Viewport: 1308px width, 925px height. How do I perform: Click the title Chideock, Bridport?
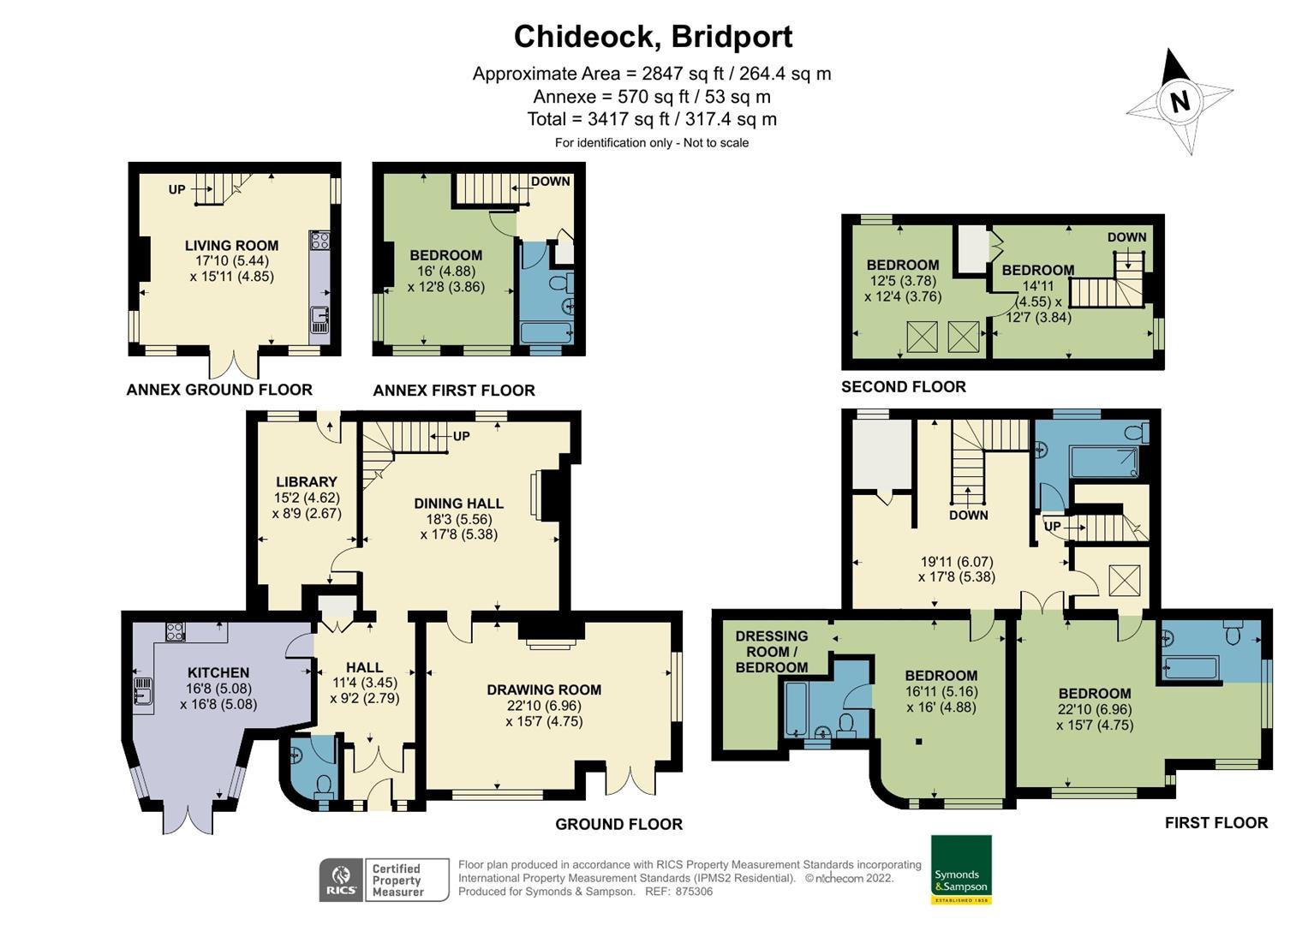coord(653,36)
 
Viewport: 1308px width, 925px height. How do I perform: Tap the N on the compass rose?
coord(1180,101)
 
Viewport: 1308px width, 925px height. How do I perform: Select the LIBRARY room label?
coord(306,481)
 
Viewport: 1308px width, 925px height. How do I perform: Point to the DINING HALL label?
coord(458,504)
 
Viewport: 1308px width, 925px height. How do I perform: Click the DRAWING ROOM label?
coord(544,689)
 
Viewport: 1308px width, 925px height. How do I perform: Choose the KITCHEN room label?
coord(218,673)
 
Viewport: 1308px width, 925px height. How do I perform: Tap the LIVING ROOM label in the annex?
coord(231,246)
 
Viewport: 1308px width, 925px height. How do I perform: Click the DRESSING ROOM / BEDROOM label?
coord(771,652)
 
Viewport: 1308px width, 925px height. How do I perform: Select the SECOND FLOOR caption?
coord(903,387)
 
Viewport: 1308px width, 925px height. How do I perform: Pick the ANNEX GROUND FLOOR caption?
coord(219,390)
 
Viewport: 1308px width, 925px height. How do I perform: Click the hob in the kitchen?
coord(175,632)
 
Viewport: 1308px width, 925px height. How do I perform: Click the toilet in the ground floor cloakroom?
coord(325,785)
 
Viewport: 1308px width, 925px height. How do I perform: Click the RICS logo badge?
coord(341,880)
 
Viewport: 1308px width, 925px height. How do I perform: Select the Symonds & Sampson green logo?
coord(960,869)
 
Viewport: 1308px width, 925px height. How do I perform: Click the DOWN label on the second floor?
coord(1126,237)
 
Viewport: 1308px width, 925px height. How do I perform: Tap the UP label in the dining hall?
coord(461,436)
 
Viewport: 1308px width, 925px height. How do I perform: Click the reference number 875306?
coord(694,892)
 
